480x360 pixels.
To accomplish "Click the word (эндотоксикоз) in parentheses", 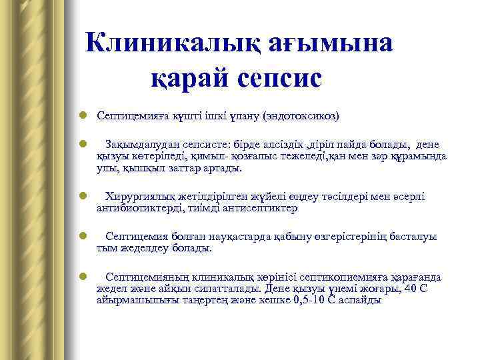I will pyautogui.click(x=302, y=116).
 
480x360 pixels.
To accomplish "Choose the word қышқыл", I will pyautogui.click(x=142, y=169).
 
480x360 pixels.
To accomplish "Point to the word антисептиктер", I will pyautogui.click(x=261, y=209).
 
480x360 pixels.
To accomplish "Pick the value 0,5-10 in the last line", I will pyautogui.click(x=313, y=301).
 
